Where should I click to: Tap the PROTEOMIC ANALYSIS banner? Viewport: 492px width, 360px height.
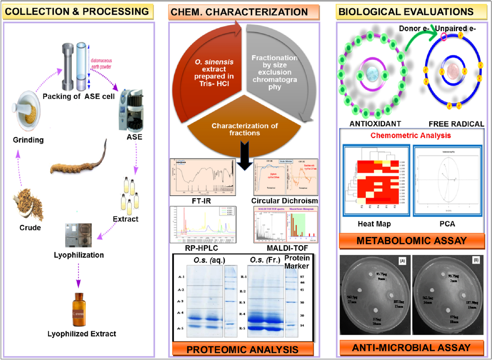click(242, 349)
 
